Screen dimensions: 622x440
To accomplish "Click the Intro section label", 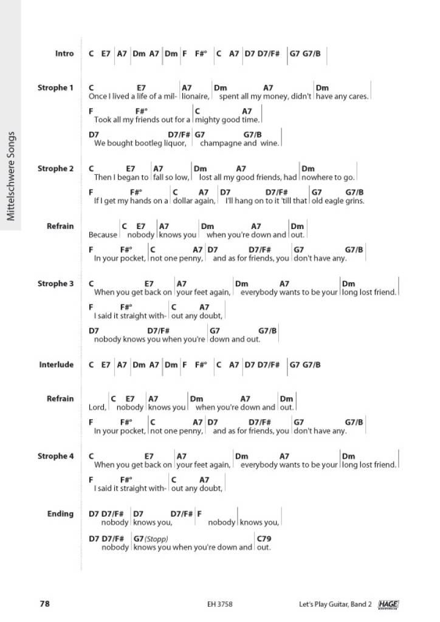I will tap(64, 53).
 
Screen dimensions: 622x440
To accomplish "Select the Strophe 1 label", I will tap(55, 87).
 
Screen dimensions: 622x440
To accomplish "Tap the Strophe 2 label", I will tap(55, 168).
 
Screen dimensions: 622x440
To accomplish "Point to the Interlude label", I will tap(57, 364).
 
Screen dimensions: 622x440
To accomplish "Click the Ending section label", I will tap(60, 514).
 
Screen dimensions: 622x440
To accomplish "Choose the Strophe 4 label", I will tap(55, 456).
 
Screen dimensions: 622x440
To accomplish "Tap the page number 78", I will tap(44, 604).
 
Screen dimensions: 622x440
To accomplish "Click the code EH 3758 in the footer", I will tap(219, 604).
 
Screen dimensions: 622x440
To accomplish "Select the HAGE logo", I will tap(388, 604).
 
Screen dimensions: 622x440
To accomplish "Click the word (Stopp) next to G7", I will tap(156, 539).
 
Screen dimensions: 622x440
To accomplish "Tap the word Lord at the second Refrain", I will tap(97, 408).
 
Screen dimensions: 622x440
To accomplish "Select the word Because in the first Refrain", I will tap(103, 235).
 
